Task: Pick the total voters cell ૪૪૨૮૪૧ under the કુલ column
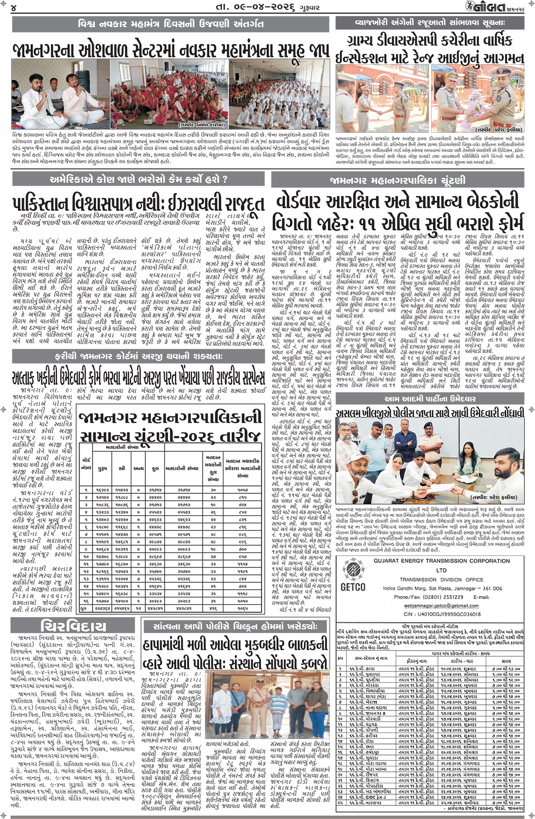click(x=155, y=608)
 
